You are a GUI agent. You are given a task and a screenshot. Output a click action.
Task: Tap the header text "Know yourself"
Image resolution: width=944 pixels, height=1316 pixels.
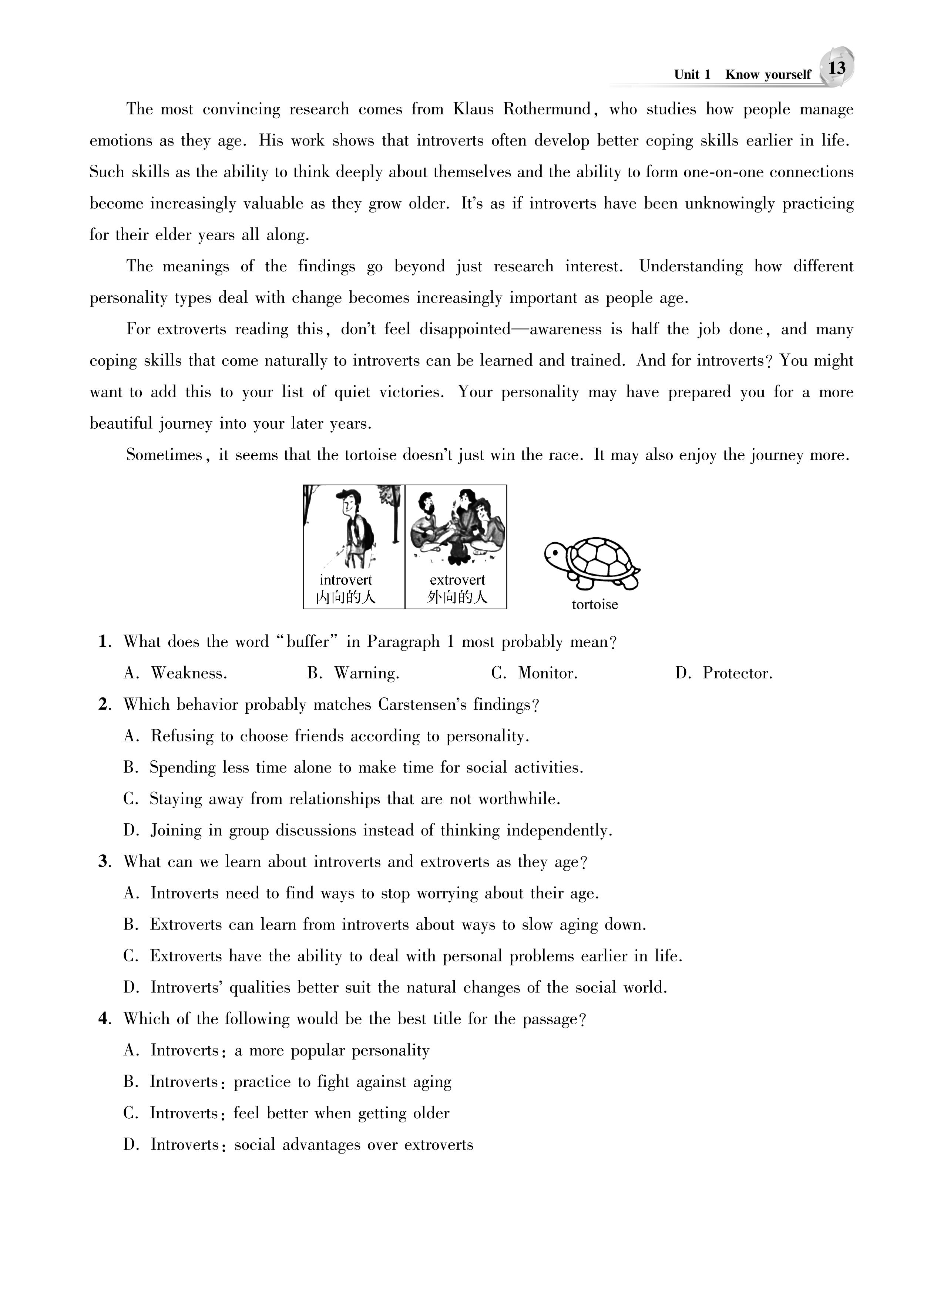pos(767,75)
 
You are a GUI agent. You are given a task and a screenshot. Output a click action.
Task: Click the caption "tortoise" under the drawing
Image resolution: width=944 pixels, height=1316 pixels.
pos(595,605)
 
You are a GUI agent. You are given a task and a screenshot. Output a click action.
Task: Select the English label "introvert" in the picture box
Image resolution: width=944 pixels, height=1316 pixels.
pos(346,580)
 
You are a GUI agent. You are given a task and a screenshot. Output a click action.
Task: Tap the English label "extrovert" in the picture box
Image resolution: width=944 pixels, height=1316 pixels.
pos(457,580)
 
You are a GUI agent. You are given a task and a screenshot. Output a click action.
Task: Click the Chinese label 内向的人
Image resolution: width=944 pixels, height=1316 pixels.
pos(346,597)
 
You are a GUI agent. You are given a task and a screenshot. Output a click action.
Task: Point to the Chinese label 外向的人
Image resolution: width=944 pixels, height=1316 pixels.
pos(457,597)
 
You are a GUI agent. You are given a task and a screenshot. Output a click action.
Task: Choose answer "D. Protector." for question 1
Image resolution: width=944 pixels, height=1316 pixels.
pos(724,673)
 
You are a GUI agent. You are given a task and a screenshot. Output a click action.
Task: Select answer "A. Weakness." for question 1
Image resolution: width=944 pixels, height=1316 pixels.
pos(175,673)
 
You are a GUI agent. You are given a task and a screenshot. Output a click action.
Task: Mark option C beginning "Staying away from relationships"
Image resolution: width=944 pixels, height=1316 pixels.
pos(342,799)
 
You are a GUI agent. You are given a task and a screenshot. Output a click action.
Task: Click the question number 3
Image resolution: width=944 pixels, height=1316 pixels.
pos(104,862)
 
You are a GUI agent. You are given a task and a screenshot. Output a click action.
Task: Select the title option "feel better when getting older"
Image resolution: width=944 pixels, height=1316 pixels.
pos(341,1113)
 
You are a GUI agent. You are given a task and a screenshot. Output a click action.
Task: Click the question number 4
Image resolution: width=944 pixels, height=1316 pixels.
pos(104,1019)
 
